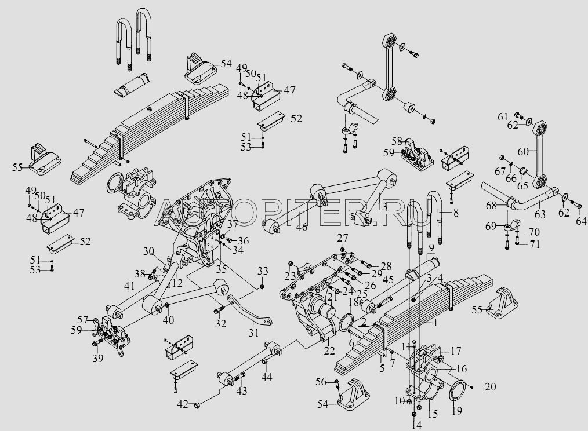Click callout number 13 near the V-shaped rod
[x=381, y=207]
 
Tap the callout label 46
[x=301, y=227]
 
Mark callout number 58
[x=397, y=141]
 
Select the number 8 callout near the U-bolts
[x=456, y=213]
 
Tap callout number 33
[x=263, y=271]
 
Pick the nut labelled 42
[x=196, y=404]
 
